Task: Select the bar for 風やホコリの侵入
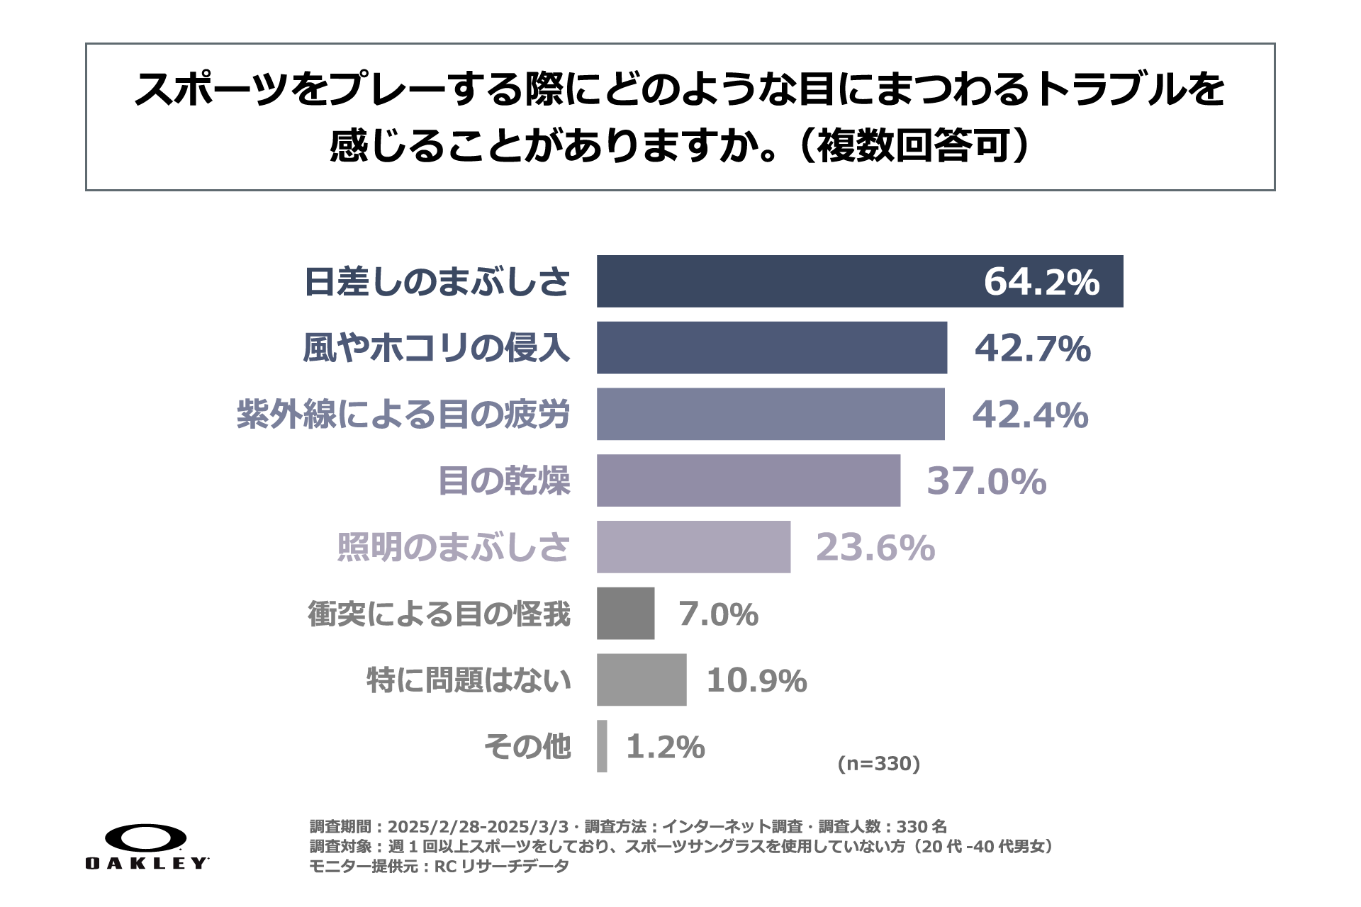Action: point(771,347)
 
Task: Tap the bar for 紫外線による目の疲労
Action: point(770,414)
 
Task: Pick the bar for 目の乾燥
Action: point(748,480)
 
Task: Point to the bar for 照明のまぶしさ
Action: point(693,546)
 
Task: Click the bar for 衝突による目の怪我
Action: point(625,613)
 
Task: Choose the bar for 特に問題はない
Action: point(641,680)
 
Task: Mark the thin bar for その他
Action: point(602,746)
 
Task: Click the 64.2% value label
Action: point(1041,281)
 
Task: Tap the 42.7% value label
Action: point(1032,348)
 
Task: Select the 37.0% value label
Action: point(986,481)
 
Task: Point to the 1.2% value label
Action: point(665,747)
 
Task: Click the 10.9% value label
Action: point(756,680)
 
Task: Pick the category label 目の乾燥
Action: point(504,481)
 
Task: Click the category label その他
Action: point(527,747)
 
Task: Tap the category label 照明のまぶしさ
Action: point(453,547)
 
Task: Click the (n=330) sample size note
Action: point(878,763)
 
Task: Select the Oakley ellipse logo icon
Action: point(146,838)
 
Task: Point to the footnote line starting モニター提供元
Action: point(439,866)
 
